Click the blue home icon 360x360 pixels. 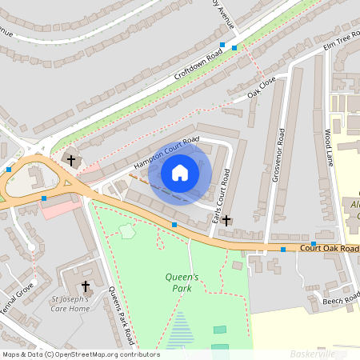[180, 173]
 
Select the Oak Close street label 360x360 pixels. [262, 87]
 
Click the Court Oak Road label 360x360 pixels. [329, 249]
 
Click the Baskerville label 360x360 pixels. [313, 353]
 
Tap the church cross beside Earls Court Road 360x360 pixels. [226, 219]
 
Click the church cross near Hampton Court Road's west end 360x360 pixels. [71, 161]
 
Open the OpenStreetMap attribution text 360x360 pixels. [80, 354]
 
